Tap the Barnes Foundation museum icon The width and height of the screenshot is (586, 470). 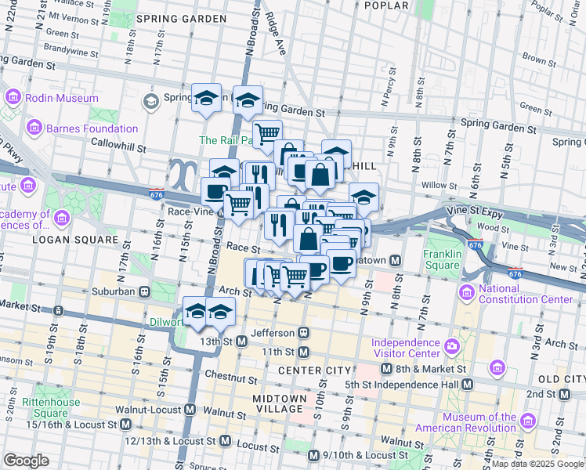point(34,127)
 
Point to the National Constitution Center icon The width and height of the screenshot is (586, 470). point(468,293)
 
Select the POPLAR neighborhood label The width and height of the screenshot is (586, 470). point(386,5)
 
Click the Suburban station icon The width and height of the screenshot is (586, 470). point(145,291)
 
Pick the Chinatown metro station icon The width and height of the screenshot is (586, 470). point(396,260)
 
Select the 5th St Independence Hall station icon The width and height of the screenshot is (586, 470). point(468,384)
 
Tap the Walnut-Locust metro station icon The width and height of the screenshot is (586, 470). point(190,409)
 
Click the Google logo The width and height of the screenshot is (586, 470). point(27,460)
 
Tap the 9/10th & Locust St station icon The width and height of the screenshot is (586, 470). point(313,455)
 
